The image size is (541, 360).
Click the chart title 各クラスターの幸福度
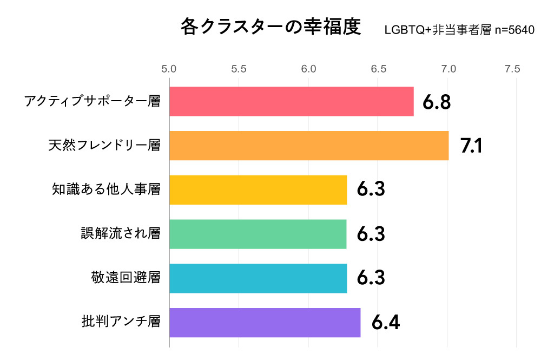coord(270,27)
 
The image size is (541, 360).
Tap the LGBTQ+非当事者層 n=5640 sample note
coord(459,30)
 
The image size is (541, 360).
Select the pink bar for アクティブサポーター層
coord(291,101)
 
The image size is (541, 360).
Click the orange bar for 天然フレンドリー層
coord(309,146)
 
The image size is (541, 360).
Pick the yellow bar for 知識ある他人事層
coord(258,189)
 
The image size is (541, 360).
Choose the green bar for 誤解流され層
coord(258,234)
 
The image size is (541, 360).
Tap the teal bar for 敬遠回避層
coord(258,278)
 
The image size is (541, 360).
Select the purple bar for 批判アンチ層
coord(265,323)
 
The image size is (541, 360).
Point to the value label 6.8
coord(437,102)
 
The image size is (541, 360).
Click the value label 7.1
coord(471,146)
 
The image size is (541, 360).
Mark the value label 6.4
coord(386,323)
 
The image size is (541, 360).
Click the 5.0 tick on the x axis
coord(169,69)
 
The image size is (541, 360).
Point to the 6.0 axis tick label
coord(308,69)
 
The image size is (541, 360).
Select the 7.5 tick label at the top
coord(512,69)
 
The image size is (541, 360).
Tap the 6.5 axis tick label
coord(378,69)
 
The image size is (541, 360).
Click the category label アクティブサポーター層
coord(93,101)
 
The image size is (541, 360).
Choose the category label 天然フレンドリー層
coord(104,146)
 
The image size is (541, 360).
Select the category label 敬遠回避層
coord(126,278)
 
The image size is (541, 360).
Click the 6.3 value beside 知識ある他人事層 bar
coord(371,190)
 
